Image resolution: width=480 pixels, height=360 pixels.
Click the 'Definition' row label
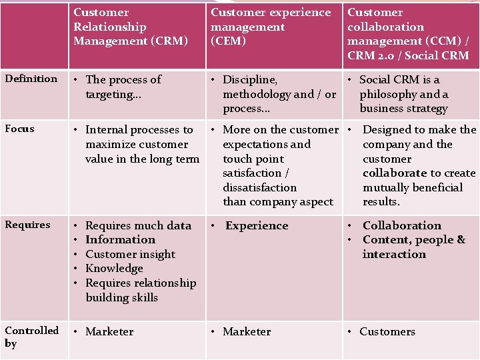[31, 79]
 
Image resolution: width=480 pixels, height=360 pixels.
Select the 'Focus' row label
[19, 128]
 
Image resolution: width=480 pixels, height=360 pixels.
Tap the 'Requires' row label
[27, 225]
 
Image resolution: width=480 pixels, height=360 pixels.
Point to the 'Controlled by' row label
[31, 337]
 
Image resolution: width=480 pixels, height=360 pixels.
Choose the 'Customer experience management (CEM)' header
[271, 27]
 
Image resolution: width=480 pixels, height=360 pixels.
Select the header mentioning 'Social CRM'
[408, 34]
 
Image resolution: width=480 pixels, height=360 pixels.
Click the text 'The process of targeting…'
[123, 87]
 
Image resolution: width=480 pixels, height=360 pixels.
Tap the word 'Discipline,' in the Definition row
[250, 79]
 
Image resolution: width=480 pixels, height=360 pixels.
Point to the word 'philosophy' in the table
[389, 94]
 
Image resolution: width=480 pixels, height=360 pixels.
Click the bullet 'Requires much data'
[138, 225]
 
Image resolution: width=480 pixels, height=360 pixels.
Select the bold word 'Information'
[120, 239]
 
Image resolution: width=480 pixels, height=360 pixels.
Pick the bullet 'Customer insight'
[130, 254]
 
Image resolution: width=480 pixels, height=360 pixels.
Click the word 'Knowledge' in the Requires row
[114, 268]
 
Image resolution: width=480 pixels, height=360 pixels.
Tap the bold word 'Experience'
[257, 225]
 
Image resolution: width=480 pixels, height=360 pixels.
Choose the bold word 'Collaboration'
[401, 225]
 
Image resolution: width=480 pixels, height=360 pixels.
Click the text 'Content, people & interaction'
[413, 247]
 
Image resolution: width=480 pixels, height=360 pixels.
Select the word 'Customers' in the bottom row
[387, 331]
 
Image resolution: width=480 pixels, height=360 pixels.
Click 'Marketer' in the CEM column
[247, 331]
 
